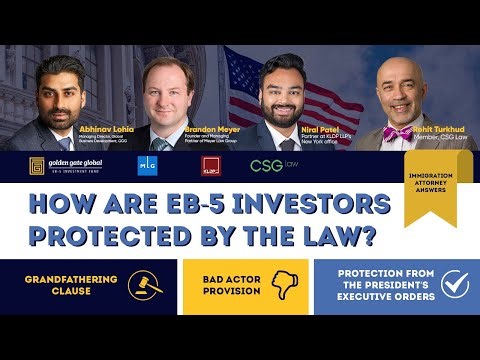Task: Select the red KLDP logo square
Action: (x=211, y=165)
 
